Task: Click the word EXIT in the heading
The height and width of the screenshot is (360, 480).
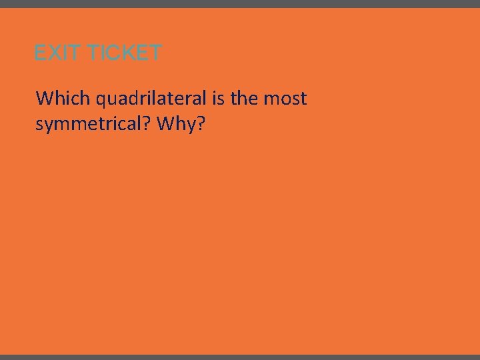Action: (57, 53)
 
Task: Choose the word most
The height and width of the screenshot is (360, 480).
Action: (285, 99)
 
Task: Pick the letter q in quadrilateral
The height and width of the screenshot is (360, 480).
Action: (101, 101)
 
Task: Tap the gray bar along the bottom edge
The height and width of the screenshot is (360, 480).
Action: (240, 357)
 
